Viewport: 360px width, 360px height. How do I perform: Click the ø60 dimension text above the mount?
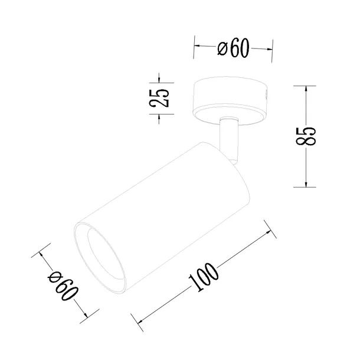coord(234,48)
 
